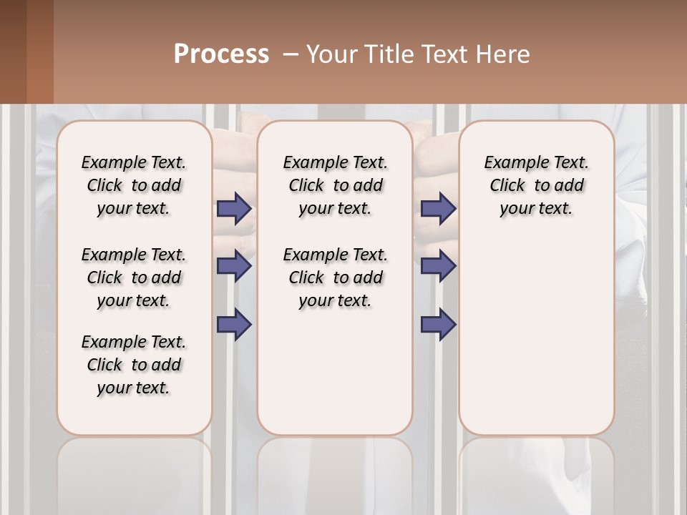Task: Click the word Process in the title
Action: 221,54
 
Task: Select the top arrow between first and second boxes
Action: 234,209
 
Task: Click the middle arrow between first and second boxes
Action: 234,266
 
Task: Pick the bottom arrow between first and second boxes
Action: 234,324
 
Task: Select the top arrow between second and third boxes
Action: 438,209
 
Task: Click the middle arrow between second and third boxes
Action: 438,266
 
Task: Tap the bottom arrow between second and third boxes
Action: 438,324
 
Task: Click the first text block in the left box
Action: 134,185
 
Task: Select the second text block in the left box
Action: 134,278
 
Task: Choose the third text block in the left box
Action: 134,365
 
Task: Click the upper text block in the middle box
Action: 335,185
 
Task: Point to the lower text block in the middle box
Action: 335,278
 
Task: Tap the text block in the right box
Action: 536,185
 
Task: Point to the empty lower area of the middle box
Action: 335,372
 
